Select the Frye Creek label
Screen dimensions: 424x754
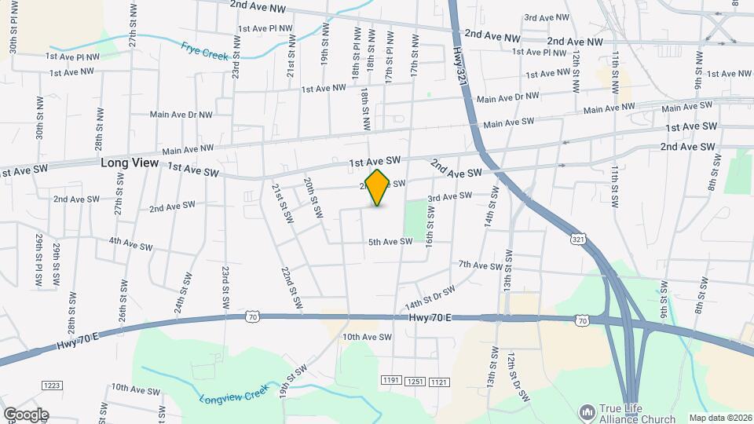pos(204,52)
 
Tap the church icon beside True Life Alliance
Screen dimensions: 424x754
pos(586,411)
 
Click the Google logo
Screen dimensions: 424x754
pos(25,415)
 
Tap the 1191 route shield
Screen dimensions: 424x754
pos(391,381)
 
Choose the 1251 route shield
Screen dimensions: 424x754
pos(415,381)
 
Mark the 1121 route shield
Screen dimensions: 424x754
pos(440,381)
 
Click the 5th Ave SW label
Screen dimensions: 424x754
pos(390,242)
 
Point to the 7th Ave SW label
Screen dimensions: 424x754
pos(480,265)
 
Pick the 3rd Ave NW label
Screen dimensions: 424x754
pos(542,17)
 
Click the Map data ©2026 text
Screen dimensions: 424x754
pos(719,418)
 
